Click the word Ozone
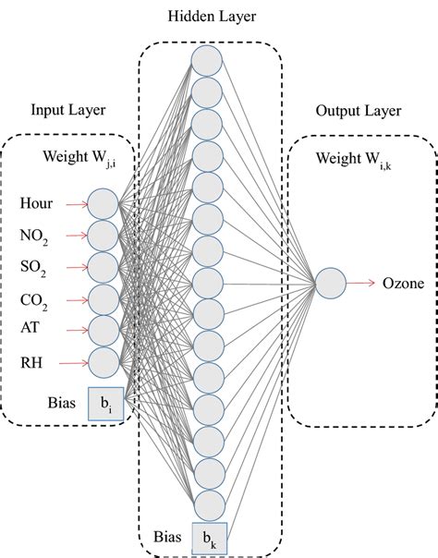pyautogui.click(x=403, y=284)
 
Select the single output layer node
pyautogui.click(x=330, y=283)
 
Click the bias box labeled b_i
pyautogui.click(x=105, y=404)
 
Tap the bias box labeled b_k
pyautogui.click(x=208, y=538)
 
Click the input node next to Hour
pyautogui.click(x=103, y=202)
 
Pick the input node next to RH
pyautogui.click(x=103, y=362)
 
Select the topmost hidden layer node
pyautogui.click(x=207, y=60)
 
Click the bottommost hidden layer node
pyautogui.click(x=207, y=505)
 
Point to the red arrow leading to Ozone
pyautogui.click(x=361, y=283)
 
